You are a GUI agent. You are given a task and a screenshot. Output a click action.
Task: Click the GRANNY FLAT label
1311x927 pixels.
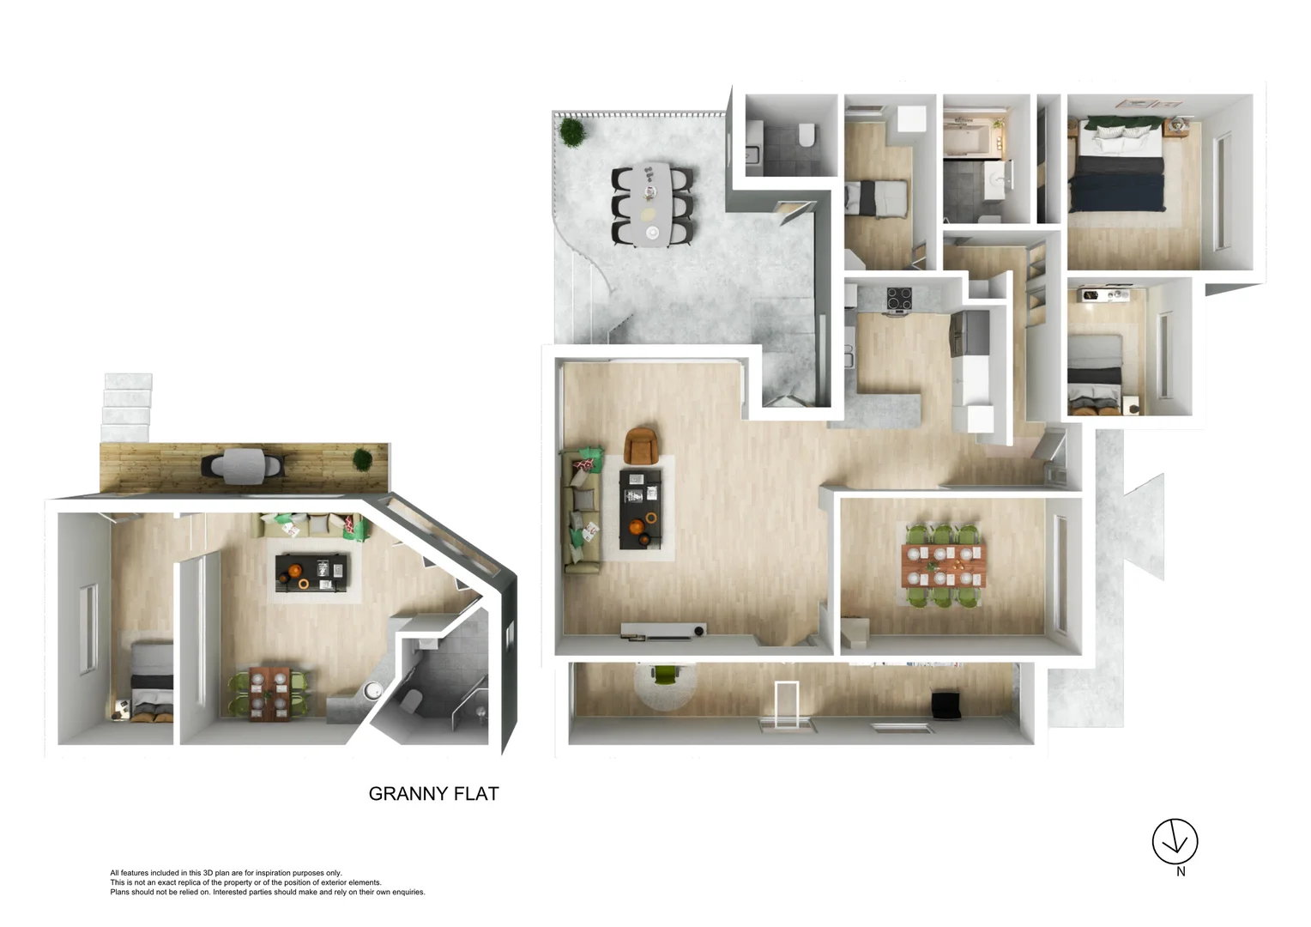click(x=433, y=794)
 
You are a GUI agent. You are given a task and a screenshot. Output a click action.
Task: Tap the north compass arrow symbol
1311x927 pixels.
click(x=1175, y=842)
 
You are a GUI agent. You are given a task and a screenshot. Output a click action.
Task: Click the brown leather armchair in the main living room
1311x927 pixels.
click(x=642, y=445)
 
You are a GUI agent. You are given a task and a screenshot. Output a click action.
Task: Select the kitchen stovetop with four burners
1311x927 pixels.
click(x=899, y=298)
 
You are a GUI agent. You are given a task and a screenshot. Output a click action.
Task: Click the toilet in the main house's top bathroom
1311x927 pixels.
click(x=807, y=136)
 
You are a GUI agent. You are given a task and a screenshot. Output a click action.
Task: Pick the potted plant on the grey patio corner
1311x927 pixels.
click(x=571, y=133)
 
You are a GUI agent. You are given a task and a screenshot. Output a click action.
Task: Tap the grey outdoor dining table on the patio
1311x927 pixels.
click(x=652, y=203)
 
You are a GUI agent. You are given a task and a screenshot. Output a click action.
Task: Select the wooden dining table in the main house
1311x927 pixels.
click(x=942, y=564)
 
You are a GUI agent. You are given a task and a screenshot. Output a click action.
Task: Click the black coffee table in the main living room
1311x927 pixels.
click(x=641, y=509)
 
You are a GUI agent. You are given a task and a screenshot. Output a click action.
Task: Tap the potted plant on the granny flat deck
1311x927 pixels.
click(x=364, y=459)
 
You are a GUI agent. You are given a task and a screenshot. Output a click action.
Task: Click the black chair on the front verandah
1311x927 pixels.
click(x=945, y=706)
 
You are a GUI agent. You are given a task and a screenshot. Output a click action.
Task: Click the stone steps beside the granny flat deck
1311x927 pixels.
click(x=127, y=408)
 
